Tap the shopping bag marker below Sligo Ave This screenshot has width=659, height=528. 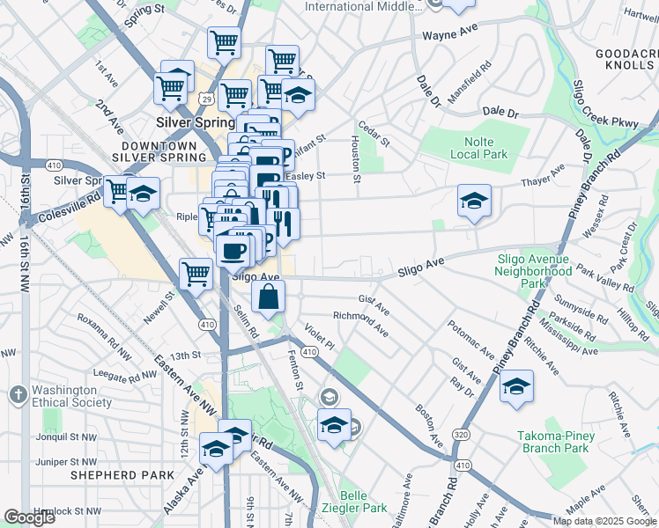click(269, 297)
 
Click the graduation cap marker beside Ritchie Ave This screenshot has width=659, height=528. click(516, 386)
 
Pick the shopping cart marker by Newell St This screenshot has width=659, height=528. click(196, 273)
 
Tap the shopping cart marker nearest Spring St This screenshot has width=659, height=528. click(225, 40)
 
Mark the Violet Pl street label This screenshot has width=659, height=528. click(319, 335)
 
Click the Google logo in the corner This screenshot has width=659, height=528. click(29, 517)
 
